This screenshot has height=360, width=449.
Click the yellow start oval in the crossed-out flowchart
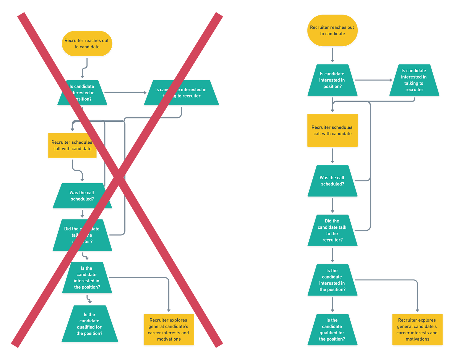87,43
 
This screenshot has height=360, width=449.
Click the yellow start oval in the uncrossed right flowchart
332,30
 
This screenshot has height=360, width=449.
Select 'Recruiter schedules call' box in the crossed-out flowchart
72,145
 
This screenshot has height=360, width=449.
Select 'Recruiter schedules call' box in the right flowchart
332,130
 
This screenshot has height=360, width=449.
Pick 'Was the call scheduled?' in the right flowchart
332,181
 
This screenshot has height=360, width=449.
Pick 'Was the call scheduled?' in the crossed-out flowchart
82,196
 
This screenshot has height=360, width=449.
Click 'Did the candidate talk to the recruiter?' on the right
332,230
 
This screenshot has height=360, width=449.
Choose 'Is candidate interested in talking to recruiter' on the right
414,80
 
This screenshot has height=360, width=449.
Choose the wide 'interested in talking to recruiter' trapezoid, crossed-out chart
181,93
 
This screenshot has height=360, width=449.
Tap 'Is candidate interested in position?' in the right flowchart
332,80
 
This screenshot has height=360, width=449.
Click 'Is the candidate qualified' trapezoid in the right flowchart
332,329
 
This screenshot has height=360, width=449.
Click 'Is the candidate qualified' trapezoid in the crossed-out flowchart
89,324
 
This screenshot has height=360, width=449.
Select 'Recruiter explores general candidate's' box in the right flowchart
417,329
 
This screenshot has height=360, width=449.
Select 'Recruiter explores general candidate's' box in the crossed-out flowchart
169,329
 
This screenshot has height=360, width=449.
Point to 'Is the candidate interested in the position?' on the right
332,280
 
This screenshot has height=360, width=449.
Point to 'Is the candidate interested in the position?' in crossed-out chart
87,278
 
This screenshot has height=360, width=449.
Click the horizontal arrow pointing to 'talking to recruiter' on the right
373,80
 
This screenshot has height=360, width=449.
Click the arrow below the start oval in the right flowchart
332,55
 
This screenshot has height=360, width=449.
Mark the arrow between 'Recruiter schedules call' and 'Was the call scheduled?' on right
332,156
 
